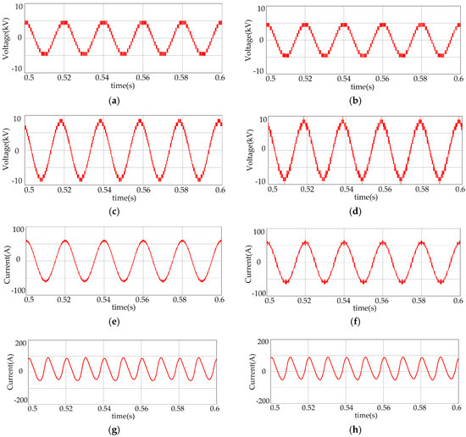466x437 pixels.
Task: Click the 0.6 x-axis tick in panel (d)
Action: (x=458, y=188)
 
